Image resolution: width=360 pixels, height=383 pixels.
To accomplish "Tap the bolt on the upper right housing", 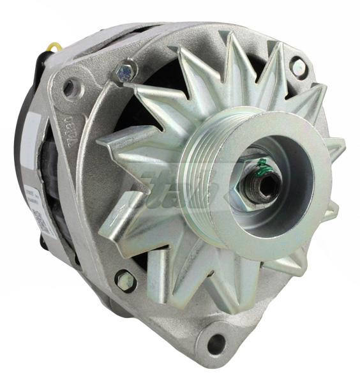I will point(297,66).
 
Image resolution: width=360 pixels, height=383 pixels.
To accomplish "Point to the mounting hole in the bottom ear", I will point(217,343).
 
